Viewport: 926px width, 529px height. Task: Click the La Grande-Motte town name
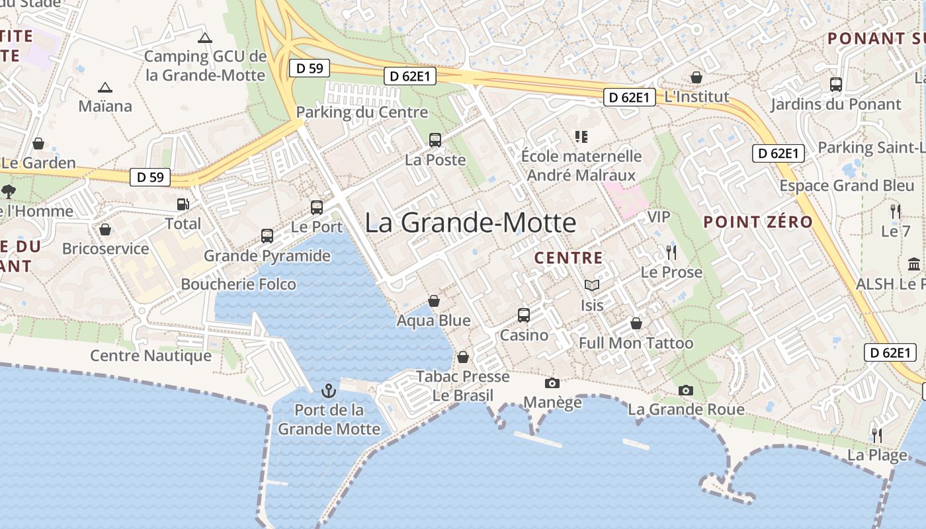pyautogui.click(x=470, y=223)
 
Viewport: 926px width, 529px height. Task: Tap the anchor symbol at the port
pyautogui.click(x=329, y=391)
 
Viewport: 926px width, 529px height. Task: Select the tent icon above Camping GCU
pyautogui.click(x=205, y=38)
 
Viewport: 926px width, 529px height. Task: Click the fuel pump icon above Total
pyautogui.click(x=183, y=205)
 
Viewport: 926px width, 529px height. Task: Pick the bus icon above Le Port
pyautogui.click(x=317, y=208)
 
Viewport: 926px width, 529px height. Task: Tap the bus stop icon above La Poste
pyautogui.click(x=435, y=140)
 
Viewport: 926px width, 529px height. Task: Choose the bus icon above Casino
pyautogui.click(x=524, y=315)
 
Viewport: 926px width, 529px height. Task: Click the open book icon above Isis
pyautogui.click(x=592, y=286)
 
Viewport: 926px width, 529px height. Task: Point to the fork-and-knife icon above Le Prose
pyautogui.click(x=671, y=252)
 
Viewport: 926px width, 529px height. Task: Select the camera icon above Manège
pyautogui.click(x=552, y=383)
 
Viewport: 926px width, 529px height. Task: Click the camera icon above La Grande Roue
pyautogui.click(x=686, y=390)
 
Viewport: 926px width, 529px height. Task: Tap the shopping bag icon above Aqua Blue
pyautogui.click(x=434, y=302)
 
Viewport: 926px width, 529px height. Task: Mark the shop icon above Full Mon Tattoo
pyautogui.click(x=636, y=324)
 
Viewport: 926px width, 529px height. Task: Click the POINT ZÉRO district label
pyautogui.click(x=758, y=222)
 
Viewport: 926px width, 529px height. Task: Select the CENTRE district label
pyautogui.click(x=569, y=258)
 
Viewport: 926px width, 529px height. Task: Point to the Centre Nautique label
pyautogui.click(x=151, y=356)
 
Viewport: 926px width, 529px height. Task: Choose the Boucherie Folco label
pyautogui.click(x=239, y=284)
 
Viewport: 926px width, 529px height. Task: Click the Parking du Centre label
pyautogui.click(x=362, y=112)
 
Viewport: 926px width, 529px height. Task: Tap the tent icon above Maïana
pyautogui.click(x=105, y=87)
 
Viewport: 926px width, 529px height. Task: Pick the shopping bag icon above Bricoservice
pyautogui.click(x=105, y=229)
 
